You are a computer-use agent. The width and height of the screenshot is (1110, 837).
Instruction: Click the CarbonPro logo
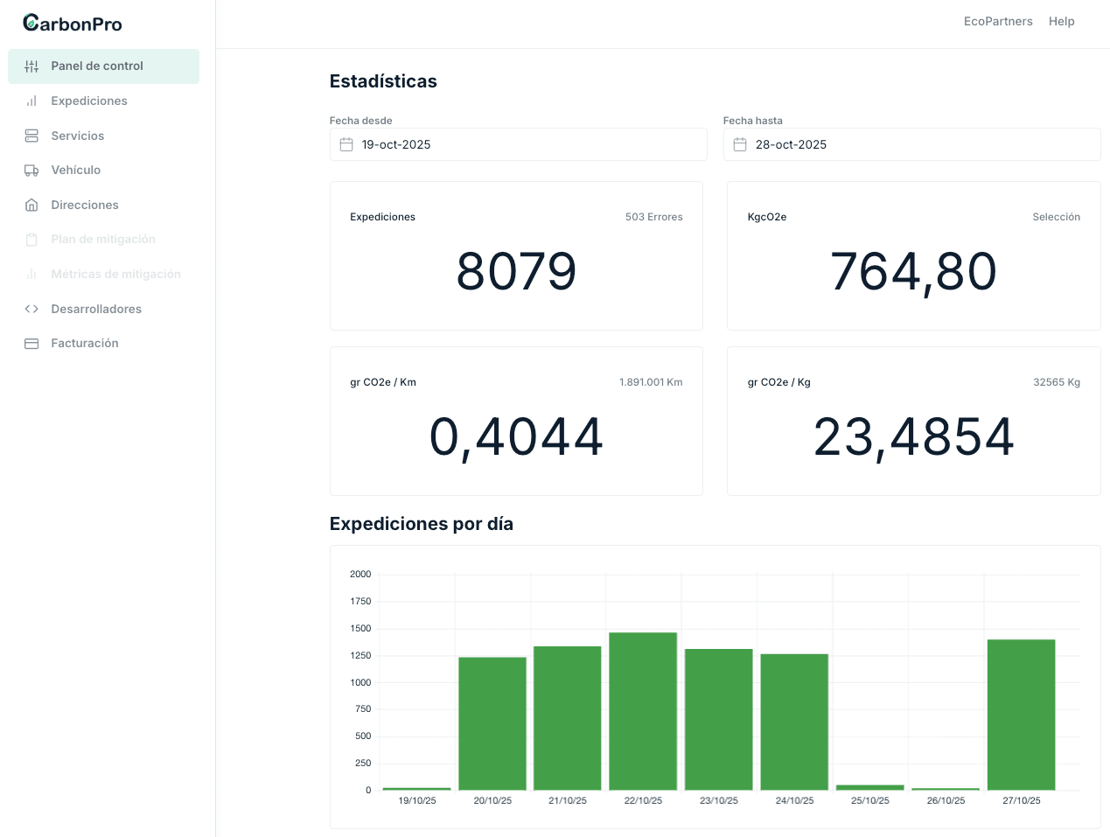(73, 24)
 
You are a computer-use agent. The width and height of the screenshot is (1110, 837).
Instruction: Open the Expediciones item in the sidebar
(88, 101)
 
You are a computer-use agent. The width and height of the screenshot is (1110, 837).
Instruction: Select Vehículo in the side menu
(75, 170)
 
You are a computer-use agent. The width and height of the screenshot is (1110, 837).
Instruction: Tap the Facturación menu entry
(84, 343)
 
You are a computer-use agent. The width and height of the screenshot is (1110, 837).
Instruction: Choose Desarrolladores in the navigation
(95, 309)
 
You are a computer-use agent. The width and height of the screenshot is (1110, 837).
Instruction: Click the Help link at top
(1061, 21)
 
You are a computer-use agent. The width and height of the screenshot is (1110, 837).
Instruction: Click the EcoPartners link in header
(997, 21)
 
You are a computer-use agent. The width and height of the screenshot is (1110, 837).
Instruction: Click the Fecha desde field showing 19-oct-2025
(518, 144)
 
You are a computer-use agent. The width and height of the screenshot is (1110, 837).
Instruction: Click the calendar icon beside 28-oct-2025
(740, 144)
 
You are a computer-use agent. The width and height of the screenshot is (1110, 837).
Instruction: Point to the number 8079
(516, 271)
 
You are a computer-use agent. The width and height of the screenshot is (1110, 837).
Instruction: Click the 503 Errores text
(653, 217)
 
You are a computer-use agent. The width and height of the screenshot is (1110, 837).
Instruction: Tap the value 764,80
(913, 271)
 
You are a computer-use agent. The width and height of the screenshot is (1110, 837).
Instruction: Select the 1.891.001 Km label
(650, 382)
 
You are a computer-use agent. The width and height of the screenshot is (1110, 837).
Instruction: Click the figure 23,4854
(913, 436)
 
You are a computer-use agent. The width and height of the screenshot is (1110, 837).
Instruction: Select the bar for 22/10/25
(643, 711)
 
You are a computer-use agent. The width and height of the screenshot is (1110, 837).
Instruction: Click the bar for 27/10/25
(1021, 715)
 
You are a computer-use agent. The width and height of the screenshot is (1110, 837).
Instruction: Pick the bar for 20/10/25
(492, 723)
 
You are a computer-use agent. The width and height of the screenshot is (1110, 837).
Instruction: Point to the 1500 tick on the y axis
(360, 628)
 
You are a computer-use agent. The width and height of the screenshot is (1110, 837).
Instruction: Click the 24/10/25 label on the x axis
(794, 800)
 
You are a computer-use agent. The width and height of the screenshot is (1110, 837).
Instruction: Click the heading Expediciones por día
(421, 524)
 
